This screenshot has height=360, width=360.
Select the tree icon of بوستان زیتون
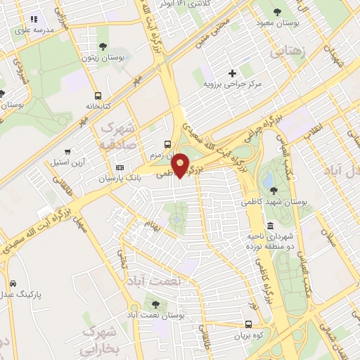click(103, 46)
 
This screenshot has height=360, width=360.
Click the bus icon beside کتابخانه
click(98, 96)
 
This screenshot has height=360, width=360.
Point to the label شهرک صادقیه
click(118, 136)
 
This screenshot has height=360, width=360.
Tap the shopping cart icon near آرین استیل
click(68, 150)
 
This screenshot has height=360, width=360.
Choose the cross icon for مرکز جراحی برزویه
click(232, 73)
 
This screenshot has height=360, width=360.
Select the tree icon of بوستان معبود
click(279, 12)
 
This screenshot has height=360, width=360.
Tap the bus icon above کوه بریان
click(248, 324)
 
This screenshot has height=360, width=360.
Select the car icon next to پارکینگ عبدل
click(13, 283)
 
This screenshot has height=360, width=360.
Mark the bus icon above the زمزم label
click(166, 141)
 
